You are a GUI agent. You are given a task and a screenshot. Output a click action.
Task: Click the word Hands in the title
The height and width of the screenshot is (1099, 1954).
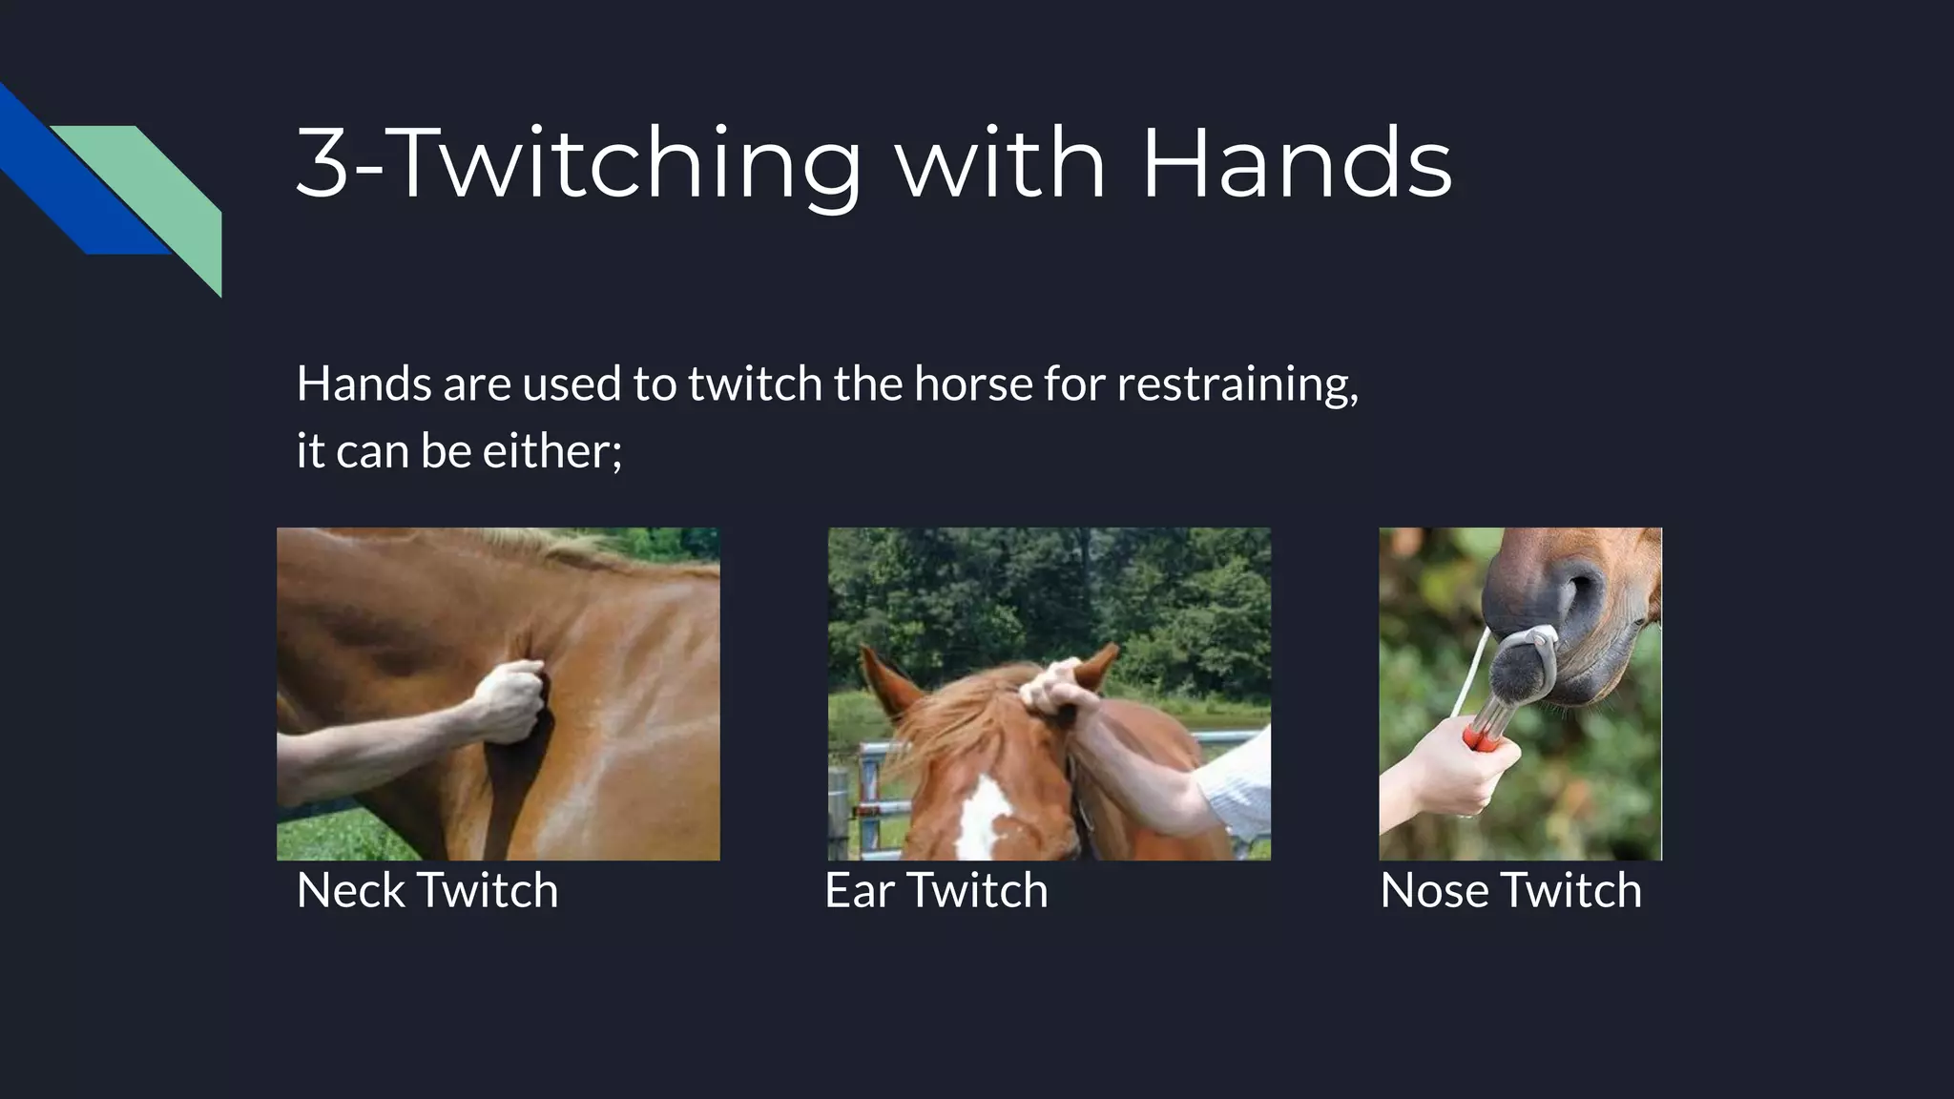tap(1296, 164)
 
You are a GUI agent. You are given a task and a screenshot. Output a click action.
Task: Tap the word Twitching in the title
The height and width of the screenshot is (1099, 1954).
tap(626, 164)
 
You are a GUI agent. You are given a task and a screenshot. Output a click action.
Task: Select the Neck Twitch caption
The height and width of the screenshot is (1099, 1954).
tap(426, 890)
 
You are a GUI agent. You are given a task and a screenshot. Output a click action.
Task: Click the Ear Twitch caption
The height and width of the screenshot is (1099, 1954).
tap(936, 890)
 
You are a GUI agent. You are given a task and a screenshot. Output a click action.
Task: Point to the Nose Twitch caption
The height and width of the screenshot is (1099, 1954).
tap(1510, 890)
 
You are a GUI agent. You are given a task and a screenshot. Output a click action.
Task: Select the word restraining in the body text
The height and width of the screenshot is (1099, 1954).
tap(1237, 384)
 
